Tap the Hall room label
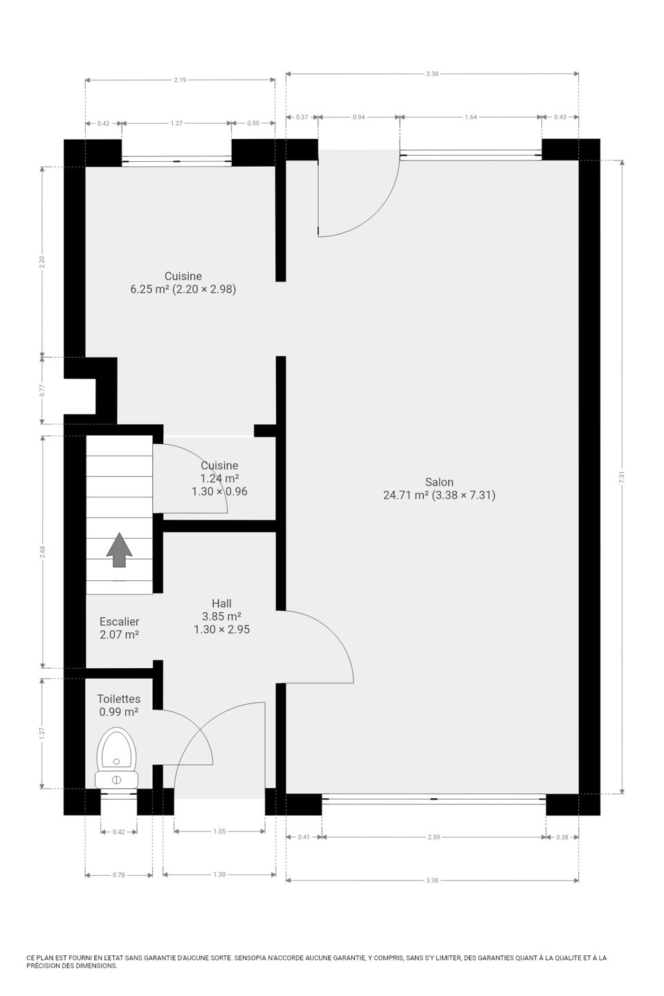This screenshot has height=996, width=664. pos(221,603)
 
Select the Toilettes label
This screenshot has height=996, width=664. pos(119,699)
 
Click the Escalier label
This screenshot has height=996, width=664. pos(119,622)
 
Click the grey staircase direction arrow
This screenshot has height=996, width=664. pos(119,550)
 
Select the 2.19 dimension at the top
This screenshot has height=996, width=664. pos(180,80)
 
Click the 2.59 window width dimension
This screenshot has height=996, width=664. pos(434,837)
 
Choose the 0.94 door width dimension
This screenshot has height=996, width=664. pos(359,117)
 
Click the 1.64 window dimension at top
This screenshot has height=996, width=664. pos(470,117)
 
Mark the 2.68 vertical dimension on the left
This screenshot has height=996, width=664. pos(42,552)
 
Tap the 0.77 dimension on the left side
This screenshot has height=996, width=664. pos(42,390)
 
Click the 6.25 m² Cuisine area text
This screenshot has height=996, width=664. pos(149,289)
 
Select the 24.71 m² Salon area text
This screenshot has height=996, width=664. pos(405,495)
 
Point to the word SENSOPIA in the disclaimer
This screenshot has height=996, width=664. pos(248,957)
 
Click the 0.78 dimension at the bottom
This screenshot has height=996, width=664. pos(119,874)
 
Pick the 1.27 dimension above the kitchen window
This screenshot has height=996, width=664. pos(176,123)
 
